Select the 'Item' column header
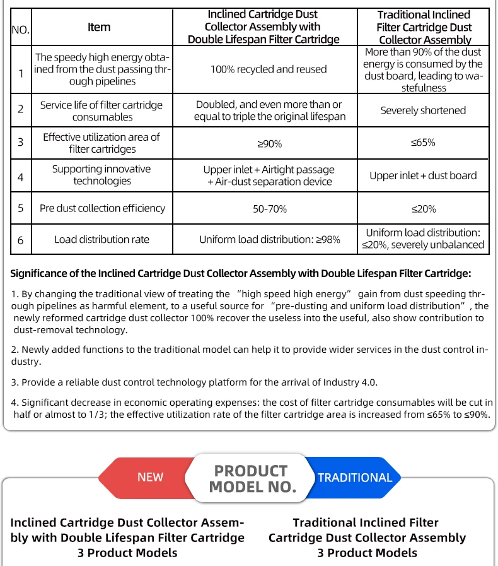click(x=99, y=27)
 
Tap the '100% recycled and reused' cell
click(x=269, y=69)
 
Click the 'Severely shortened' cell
click(x=423, y=110)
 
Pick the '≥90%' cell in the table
click(x=269, y=144)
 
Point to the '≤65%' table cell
click(x=423, y=143)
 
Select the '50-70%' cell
click(x=269, y=209)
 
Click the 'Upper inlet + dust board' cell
click(x=423, y=176)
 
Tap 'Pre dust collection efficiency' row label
click(x=102, y=208)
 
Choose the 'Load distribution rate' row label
click(x=102, y=240)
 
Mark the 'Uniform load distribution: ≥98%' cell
click(x=269, y=240)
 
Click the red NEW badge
click(x=150, y=478)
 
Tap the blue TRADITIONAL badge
click(x=355, y=478)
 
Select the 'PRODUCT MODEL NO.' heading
click(x=252, y=479)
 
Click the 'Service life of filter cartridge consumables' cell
click(x=101, y=111)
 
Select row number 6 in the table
click(x=21, y=240)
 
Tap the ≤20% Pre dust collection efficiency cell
click(x=423, y=209)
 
